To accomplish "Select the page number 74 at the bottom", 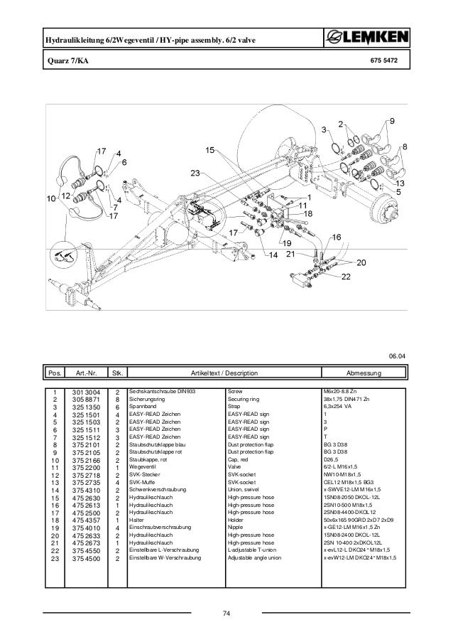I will pos(226,613).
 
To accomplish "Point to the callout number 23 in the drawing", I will pos(195,173).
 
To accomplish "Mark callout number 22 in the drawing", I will pos(347,276).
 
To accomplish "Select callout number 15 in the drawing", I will pos(210,150).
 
